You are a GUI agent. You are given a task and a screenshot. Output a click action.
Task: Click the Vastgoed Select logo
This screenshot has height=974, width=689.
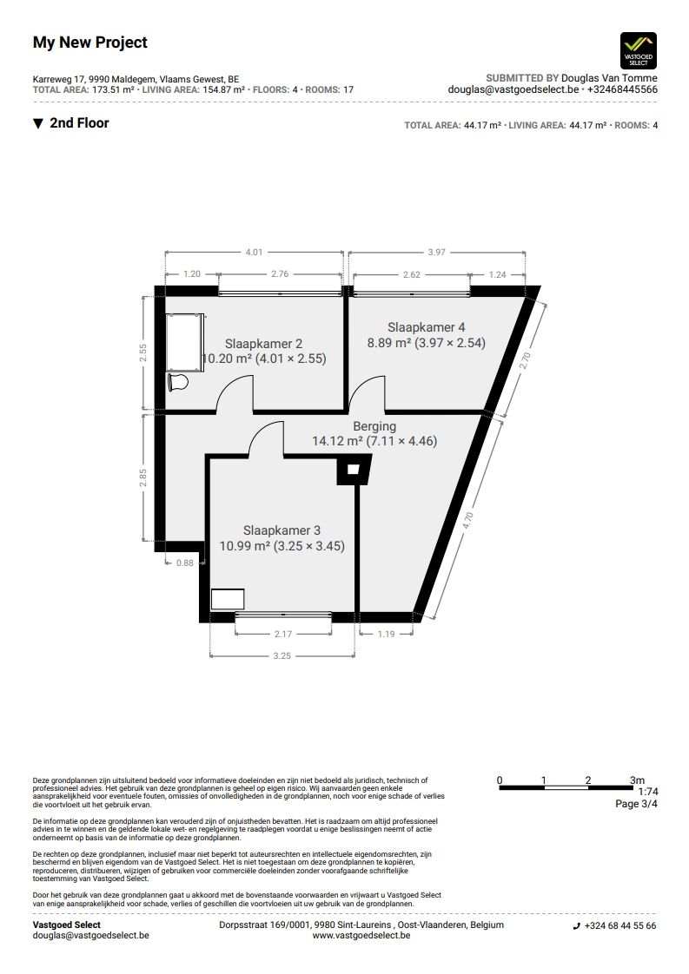639,50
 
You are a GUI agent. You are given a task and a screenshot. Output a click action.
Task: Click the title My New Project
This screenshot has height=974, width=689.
90,43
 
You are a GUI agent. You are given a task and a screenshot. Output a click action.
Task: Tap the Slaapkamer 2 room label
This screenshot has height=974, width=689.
263,344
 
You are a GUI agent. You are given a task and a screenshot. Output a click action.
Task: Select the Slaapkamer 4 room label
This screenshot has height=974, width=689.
426,327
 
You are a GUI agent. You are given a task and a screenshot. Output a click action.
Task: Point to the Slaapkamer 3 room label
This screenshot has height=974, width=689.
282,530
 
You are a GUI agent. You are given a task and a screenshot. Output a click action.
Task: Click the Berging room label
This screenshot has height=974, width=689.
374,427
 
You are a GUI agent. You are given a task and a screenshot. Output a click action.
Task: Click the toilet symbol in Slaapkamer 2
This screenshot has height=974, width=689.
178,382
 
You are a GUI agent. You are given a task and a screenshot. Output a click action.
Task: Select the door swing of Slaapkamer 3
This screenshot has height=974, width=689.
266,438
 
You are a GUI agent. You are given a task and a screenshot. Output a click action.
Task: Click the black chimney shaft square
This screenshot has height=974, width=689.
354,470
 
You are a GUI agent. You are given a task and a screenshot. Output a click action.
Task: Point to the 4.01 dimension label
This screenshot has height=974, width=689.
254,253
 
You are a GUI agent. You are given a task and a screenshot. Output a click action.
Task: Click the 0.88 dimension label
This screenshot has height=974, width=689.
185,563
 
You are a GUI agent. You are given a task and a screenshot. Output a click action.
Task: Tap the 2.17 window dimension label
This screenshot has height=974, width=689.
283,634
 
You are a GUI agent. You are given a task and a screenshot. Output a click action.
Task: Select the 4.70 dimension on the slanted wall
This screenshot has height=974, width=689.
468,520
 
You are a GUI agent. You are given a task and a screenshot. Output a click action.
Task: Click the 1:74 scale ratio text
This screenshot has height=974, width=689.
648,792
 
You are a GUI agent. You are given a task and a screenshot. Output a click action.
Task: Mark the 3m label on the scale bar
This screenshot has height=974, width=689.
637,780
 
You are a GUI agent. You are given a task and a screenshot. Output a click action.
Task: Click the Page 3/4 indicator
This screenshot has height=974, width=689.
636,804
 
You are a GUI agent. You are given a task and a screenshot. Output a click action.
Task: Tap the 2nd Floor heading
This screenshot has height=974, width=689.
79,123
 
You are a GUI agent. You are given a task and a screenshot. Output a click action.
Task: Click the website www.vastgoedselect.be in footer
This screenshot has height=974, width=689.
361,935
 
